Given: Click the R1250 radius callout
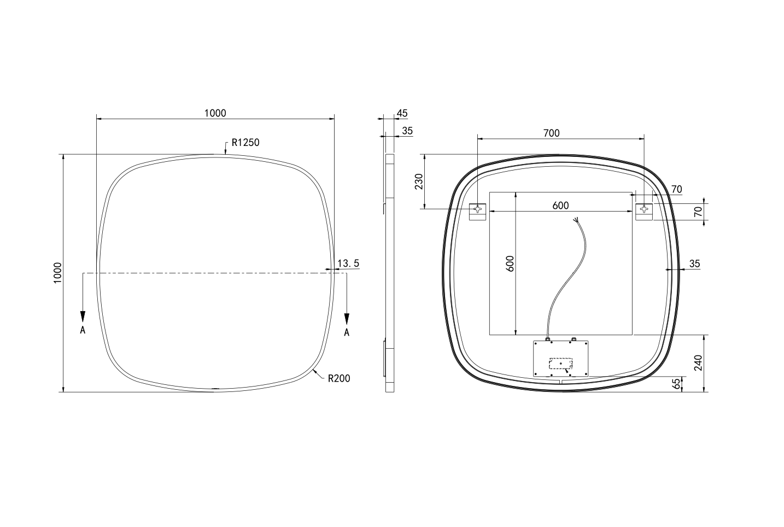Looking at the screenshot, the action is [245, 143].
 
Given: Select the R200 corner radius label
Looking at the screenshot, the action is [339, 378].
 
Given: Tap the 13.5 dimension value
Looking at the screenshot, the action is [348, 263].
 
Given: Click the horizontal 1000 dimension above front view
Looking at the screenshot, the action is [215, 113].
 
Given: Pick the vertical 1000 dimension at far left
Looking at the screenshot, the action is [57, 273].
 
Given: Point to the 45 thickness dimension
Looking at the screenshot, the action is [402, 113].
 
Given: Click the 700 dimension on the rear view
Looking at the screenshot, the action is [551, 133].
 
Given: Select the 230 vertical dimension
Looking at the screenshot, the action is [419, 181].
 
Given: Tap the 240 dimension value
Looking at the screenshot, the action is [698, 363].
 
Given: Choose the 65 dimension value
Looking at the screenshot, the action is [677, 384].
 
